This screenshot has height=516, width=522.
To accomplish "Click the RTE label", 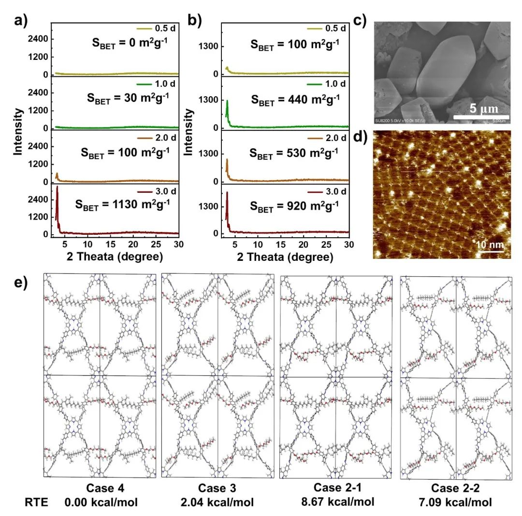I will pyautogui.click(x=34, y=502).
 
